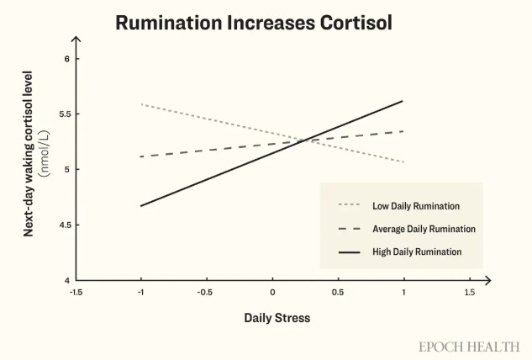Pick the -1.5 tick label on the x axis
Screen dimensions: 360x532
[76, 292]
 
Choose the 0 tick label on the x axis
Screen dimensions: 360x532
[272, 292]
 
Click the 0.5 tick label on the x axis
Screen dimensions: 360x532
[338, 292]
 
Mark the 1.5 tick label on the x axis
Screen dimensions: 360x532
[469, 292]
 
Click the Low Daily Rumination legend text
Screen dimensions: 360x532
[416, 205]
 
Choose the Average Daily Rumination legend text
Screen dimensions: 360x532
[424, 229]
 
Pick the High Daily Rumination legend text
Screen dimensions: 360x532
[417, 251]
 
